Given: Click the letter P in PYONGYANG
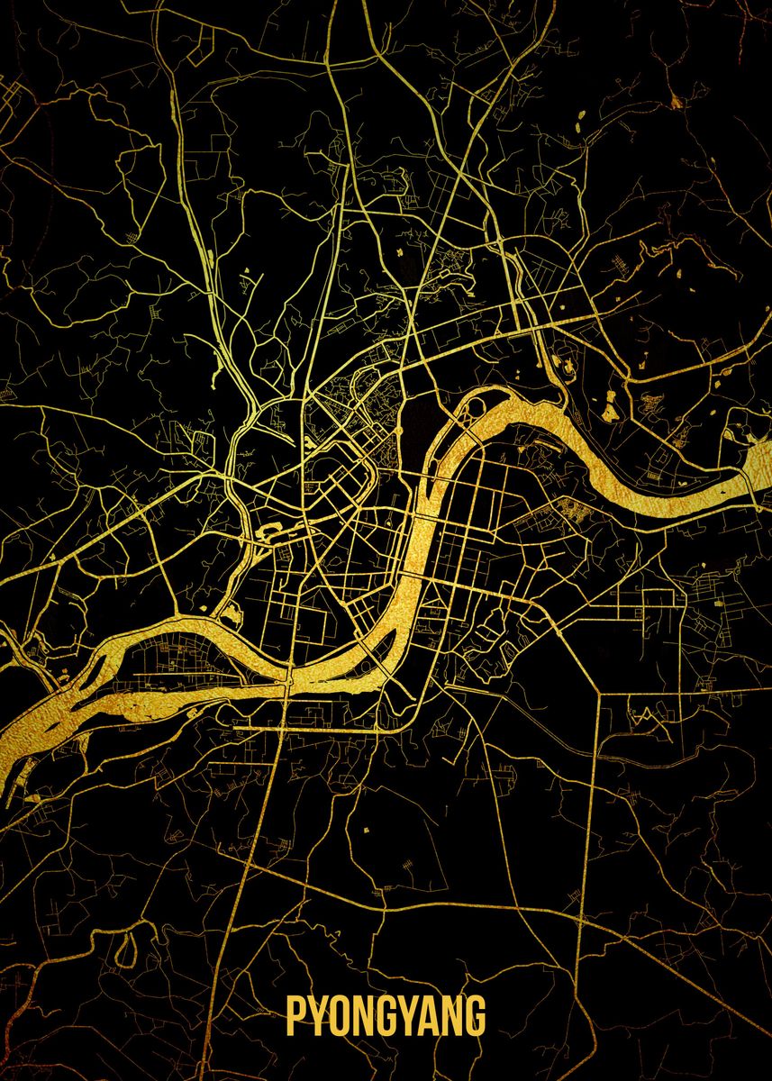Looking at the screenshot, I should (296, 1015).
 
